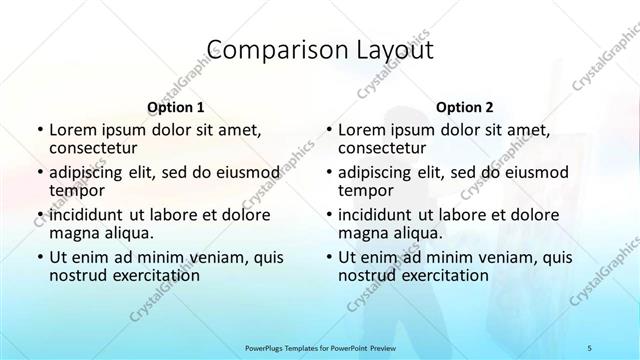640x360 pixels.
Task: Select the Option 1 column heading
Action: click(175, 106)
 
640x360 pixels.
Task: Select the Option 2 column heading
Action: click(464, 106)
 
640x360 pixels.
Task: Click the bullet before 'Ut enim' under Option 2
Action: click(329, 258)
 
